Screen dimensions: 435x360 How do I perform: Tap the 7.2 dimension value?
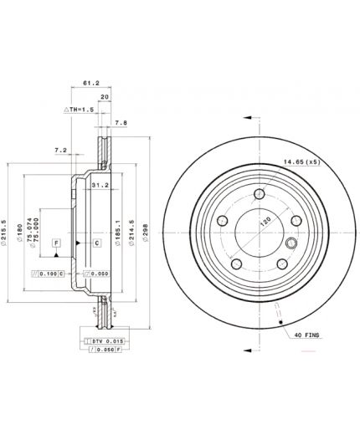point(59,150)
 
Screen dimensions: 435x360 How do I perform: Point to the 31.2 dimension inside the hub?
point(98,186)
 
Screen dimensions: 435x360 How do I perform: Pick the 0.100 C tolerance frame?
point(49,274)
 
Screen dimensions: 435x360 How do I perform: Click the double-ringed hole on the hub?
point(291,243)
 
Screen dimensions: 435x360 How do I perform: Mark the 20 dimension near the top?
point(104,97)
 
